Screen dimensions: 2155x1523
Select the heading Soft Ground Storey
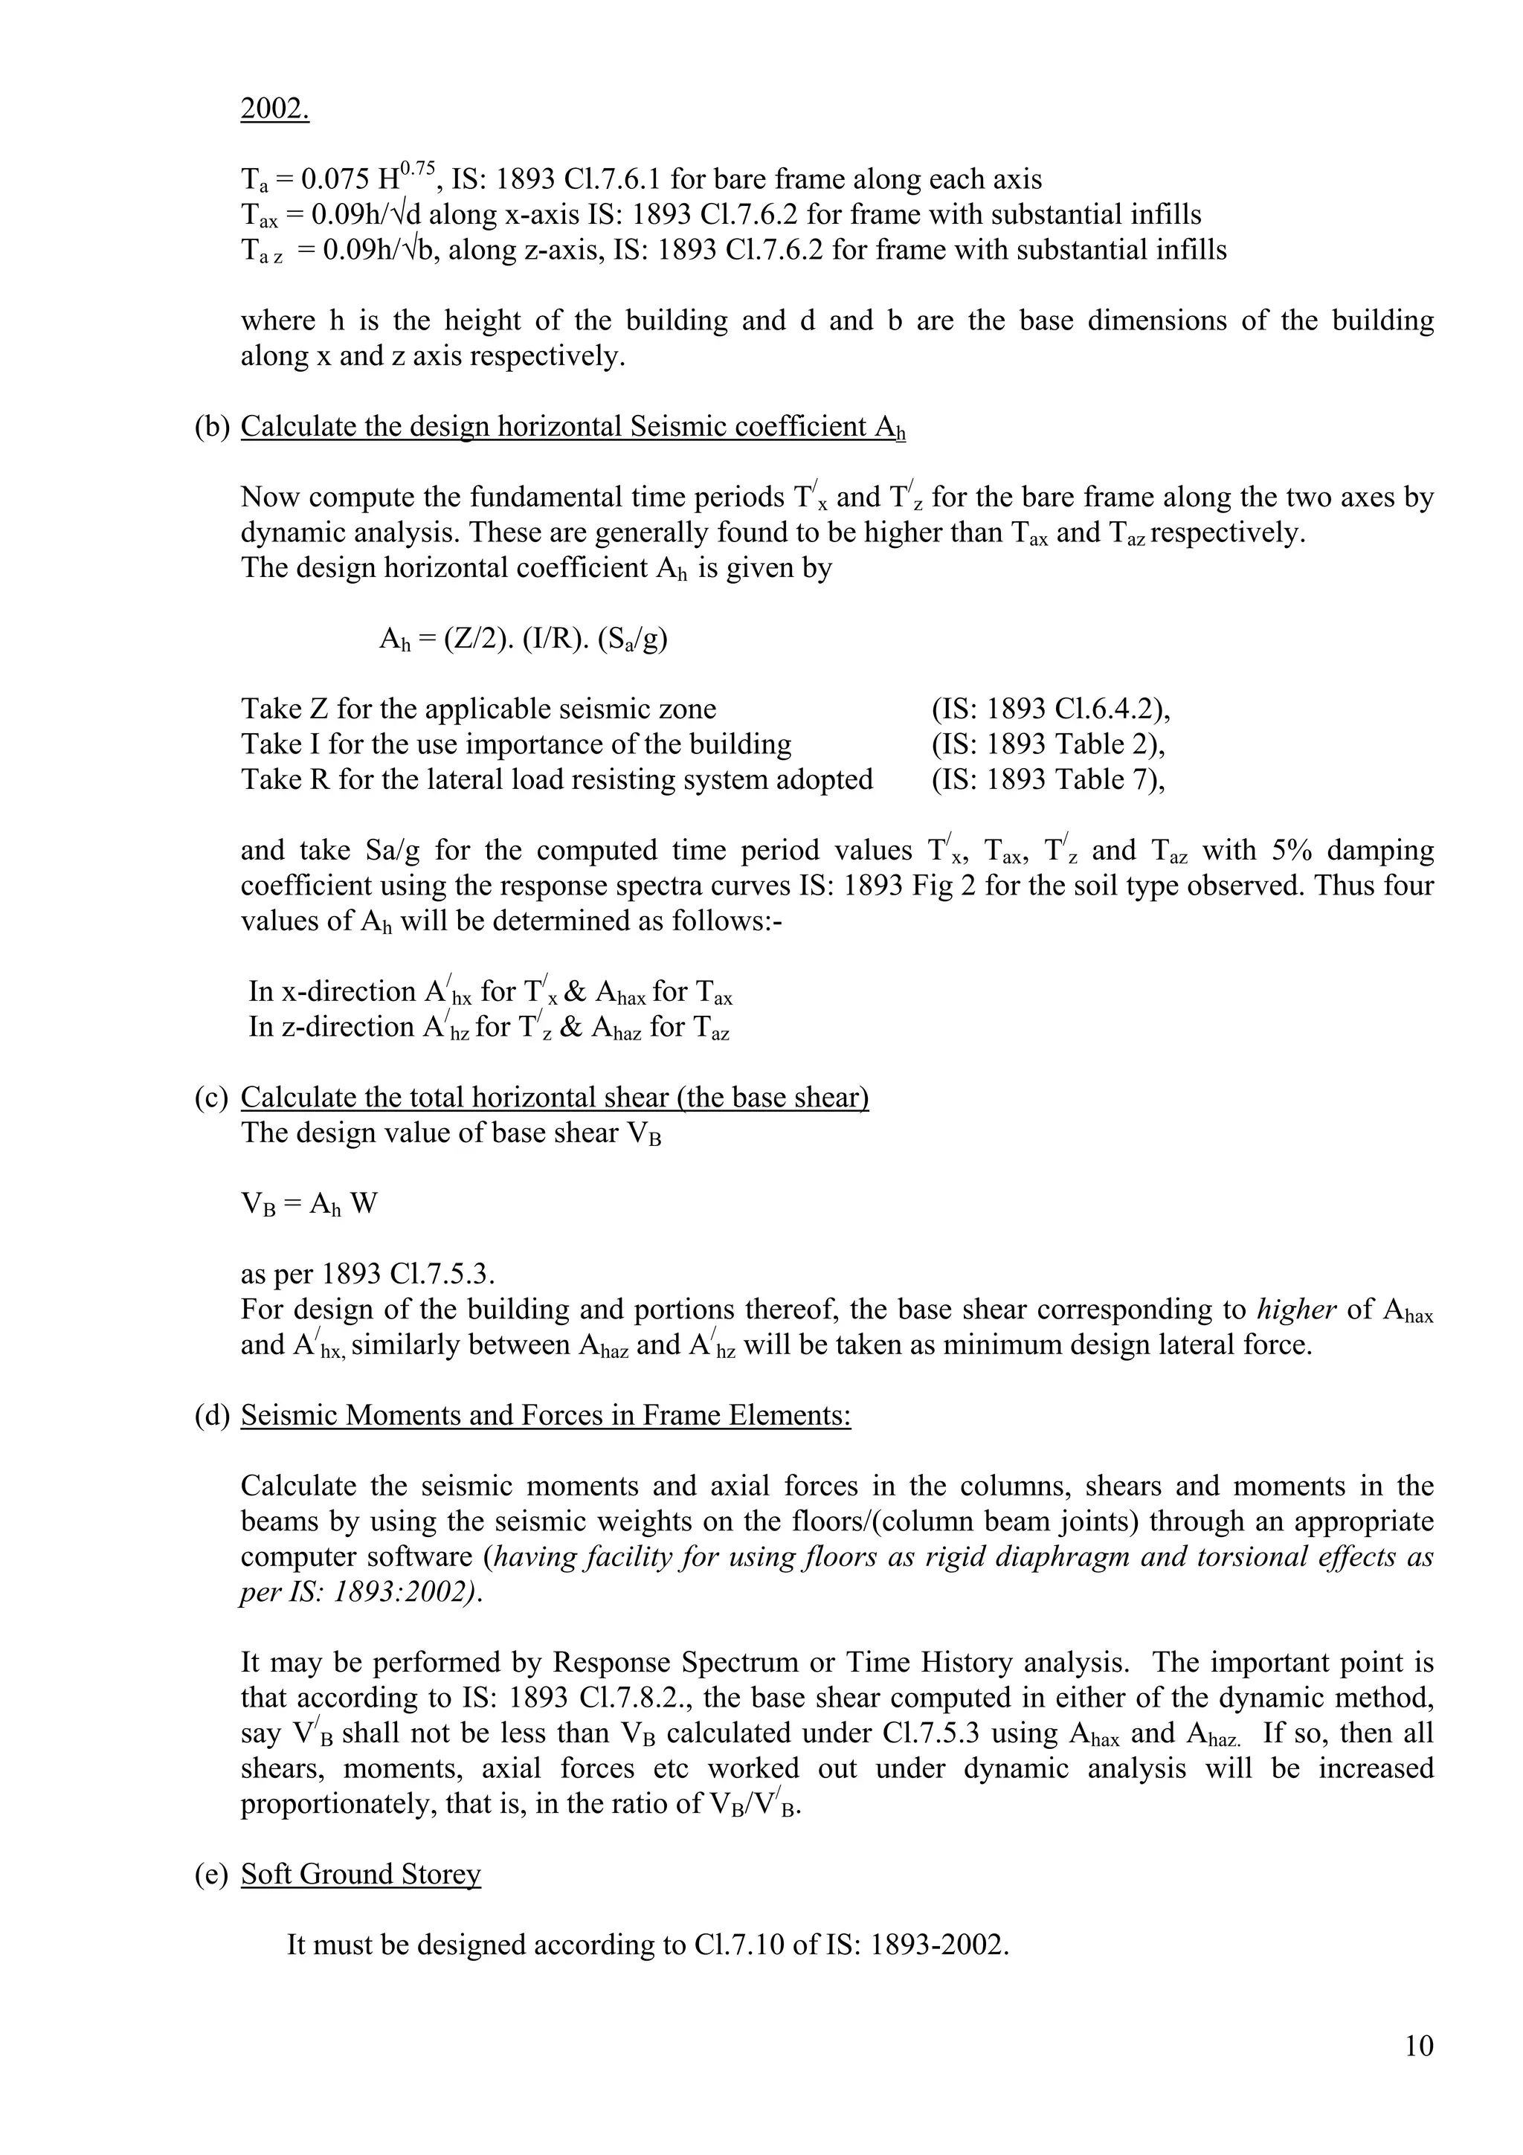point(361,1873)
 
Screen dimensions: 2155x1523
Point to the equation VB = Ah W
point(309,1204)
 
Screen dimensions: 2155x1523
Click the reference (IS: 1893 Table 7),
point(1048,779)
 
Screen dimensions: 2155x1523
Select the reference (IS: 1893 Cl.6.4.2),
point(1051,709)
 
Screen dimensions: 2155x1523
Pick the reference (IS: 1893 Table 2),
point(1048,744)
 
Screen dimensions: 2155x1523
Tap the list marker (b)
point(212,427)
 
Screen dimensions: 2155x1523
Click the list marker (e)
point(211,1873)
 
